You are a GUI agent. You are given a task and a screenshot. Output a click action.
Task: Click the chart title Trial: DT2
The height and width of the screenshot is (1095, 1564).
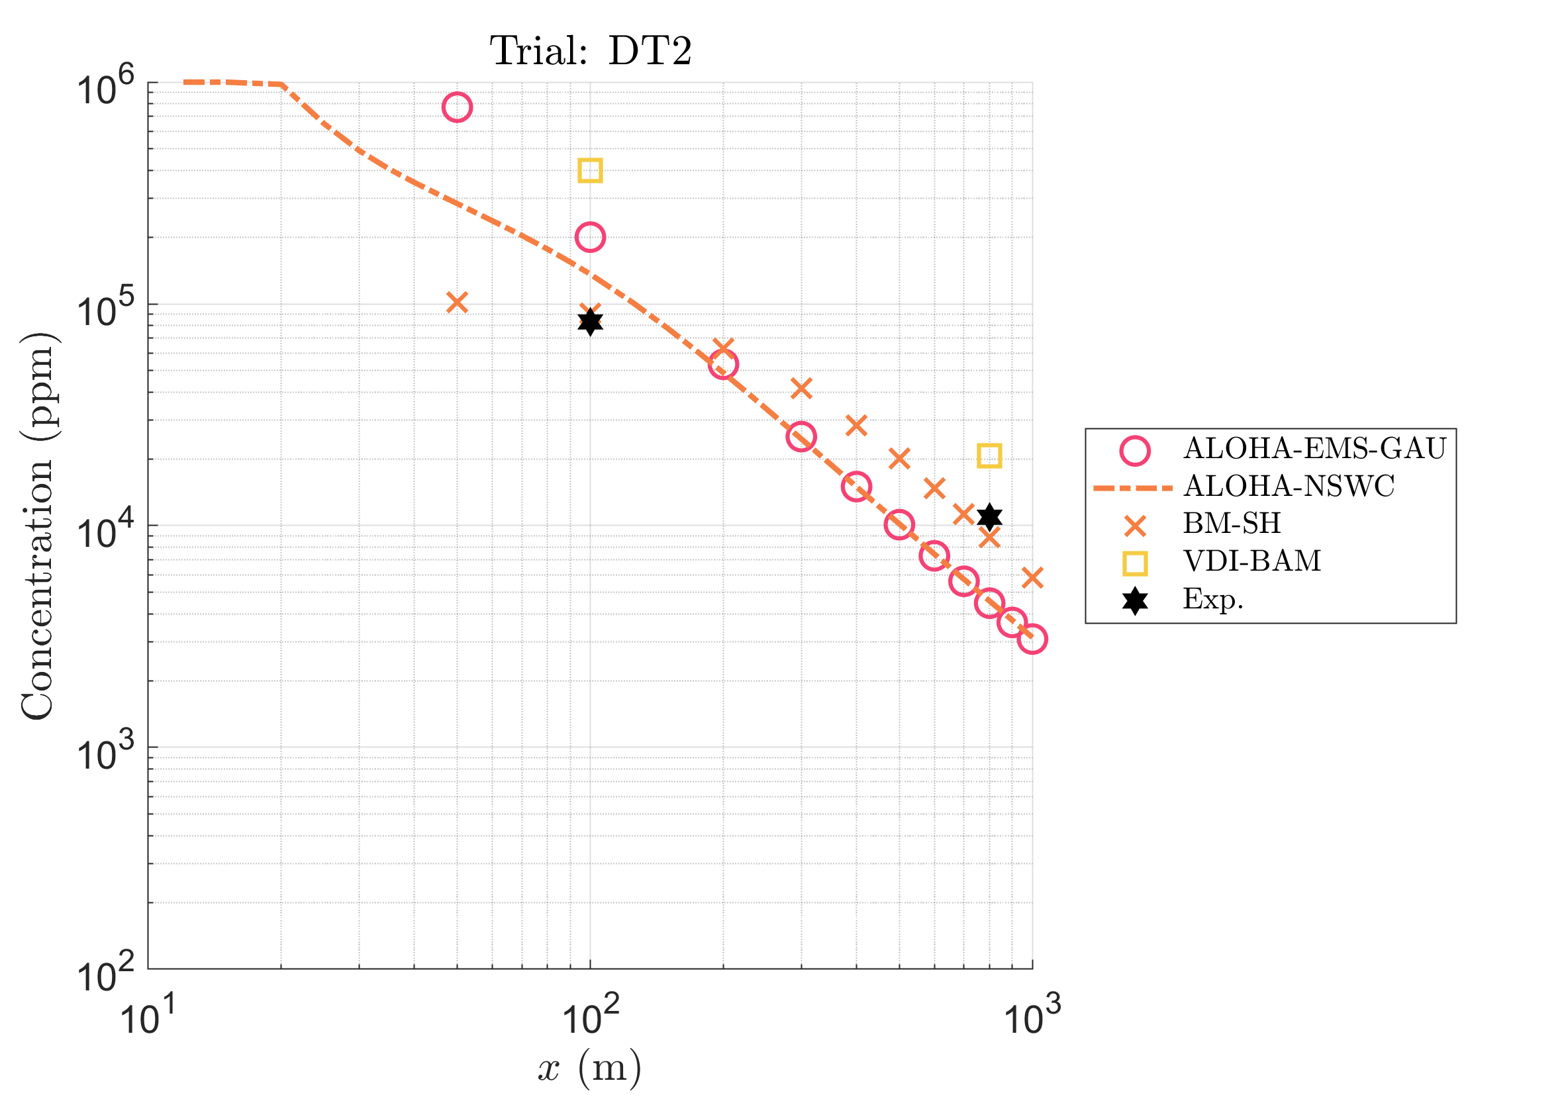[x=590, y=51]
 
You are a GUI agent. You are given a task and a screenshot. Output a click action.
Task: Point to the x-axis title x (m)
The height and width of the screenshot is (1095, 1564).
[x=590, y=1068]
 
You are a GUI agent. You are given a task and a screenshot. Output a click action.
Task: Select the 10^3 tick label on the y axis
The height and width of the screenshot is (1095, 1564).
[x=105, y=753]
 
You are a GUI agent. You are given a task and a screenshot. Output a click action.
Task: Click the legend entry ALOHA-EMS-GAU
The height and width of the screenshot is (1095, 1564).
[x=1314, y=449]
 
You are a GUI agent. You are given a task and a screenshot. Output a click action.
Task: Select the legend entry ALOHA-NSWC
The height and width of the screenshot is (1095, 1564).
[x=1289, y=486]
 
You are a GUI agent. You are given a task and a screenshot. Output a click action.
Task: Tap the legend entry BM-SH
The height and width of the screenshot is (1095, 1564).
[x=1232, y=524]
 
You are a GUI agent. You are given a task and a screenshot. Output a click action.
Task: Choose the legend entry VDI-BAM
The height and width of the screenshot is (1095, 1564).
[x=1252, y=561]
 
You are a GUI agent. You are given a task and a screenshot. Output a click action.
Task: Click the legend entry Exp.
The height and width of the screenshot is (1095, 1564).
[x=1212, y=599]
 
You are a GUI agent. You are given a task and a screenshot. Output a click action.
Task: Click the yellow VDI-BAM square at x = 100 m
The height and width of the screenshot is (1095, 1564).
[x=590, y=170]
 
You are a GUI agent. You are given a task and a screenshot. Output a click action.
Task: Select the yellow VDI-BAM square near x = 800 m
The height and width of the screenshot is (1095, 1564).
[x=989, y=455]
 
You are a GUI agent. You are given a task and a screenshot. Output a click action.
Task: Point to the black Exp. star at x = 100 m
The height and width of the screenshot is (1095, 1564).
[x=590, y=322]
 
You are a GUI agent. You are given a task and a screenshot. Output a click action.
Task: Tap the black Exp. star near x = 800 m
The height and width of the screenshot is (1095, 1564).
[x=989, y=517]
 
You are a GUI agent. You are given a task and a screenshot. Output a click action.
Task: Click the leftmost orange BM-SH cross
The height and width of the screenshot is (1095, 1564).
[x=457, y=303]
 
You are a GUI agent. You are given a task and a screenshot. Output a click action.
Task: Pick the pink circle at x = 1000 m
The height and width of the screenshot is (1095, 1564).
[x=1032, y=639]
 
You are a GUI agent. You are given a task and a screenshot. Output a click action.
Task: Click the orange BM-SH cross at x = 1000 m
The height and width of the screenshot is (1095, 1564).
[x=1032, y=578]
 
